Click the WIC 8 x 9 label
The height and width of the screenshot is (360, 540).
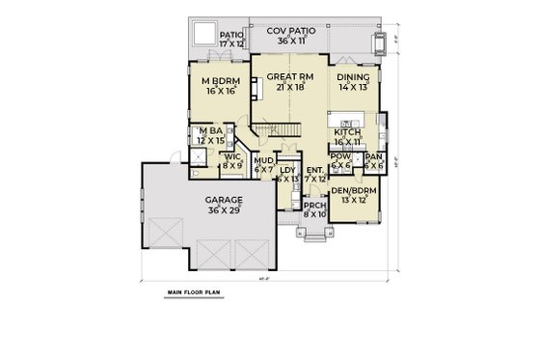[231, 160]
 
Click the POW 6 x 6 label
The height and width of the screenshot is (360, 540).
[339, 160]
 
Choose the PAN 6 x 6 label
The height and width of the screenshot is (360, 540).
[373, 160]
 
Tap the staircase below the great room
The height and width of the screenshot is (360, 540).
[281, 134]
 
